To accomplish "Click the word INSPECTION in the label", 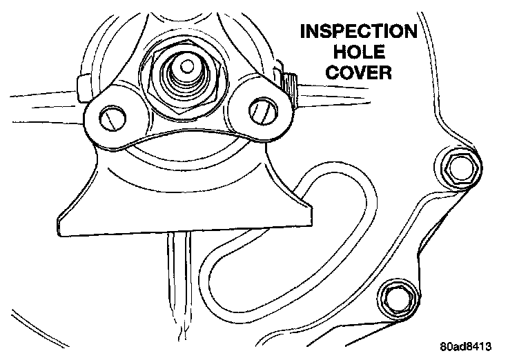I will [x=356, y=33].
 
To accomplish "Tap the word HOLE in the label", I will [x=356, y=53].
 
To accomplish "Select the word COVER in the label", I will [x=356, y=73].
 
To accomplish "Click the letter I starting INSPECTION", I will [x=300, y=33].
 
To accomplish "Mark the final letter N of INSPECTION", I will [x=410, y=33].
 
